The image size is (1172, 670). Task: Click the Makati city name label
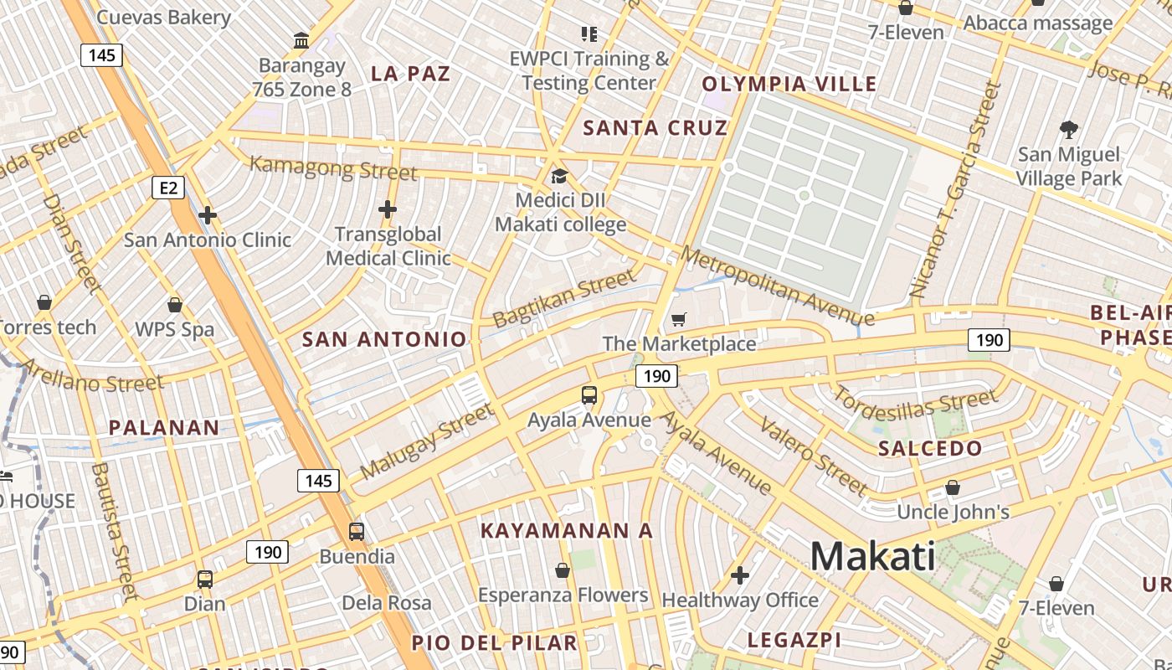[x=872, y=556]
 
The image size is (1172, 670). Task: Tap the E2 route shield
[x=168, y=188]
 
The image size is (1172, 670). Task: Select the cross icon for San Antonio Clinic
[x=208, y=215]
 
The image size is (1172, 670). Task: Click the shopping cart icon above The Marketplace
[x=679, y=319]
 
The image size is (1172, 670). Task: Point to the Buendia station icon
[x=357, y=531]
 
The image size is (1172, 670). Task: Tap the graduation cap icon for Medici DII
[x=559, y=176]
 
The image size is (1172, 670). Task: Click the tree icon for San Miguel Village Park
[x=1068, y=130]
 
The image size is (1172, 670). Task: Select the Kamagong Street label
[x=332, y=167]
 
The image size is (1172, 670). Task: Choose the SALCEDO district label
[x=929, y=449]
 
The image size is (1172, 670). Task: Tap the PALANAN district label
[x=164, y=428]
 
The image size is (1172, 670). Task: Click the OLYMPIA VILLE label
[x=789, y=84]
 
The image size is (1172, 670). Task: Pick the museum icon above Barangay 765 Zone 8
[x=301, y=39]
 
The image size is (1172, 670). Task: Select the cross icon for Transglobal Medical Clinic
[x=388, y=209]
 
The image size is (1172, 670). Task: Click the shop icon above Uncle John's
[x=952, y=487]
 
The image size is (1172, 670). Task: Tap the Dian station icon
[x=205, y=579]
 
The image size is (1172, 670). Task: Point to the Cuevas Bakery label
[x=164, y=17]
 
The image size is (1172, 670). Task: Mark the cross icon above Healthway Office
[x=739, y=575]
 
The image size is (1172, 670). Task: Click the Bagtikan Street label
[x=564, y=298]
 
